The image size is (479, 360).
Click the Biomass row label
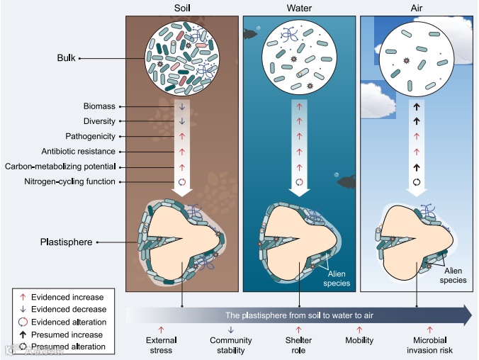coord(99,106)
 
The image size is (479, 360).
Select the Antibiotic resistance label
coord(79,152)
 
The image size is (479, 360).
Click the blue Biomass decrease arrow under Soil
coord(181,106)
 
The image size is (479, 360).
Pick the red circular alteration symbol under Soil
coord(181,181)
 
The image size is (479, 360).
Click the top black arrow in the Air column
coord(417,106)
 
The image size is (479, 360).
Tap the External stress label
coord(162,345)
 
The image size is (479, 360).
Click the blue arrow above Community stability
coord(230,330)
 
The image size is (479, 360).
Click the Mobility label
coord(359,340)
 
